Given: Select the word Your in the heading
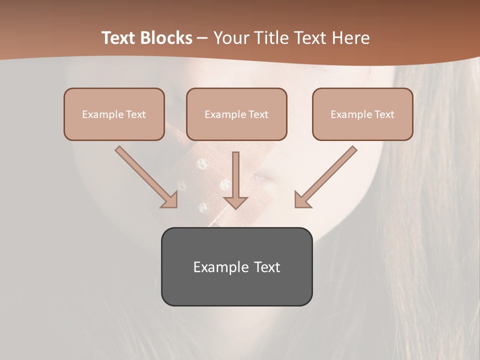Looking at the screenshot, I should click(x=230, y=38).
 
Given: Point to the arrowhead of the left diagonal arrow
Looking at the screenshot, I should click(x=170, y=199).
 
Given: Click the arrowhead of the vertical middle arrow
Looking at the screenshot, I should click(x=235, y=202).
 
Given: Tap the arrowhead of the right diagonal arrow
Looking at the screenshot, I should click(x=302, y=199).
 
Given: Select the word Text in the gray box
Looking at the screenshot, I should click(x=267, y=267).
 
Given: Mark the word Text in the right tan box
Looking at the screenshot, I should click(x=384, y=114).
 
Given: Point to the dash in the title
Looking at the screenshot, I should click(x=202, y=38).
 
